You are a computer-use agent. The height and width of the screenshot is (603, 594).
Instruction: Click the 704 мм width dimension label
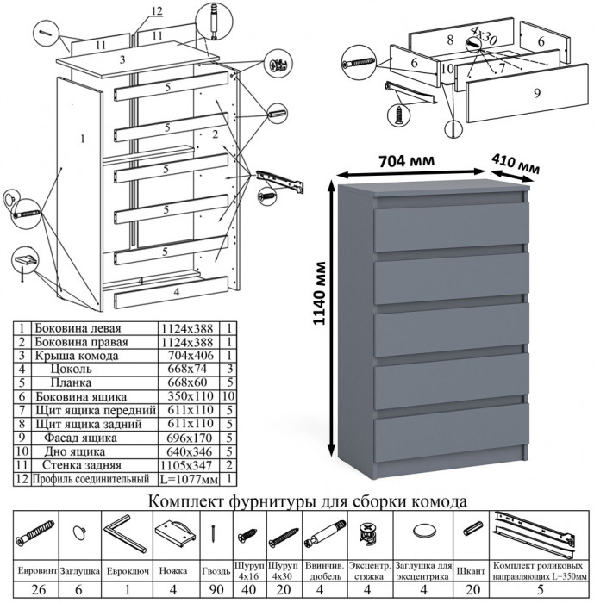coord(405,160)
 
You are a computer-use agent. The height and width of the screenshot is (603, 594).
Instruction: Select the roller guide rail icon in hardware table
coord(539,532)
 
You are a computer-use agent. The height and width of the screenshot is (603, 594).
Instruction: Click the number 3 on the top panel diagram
coord(123,59)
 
